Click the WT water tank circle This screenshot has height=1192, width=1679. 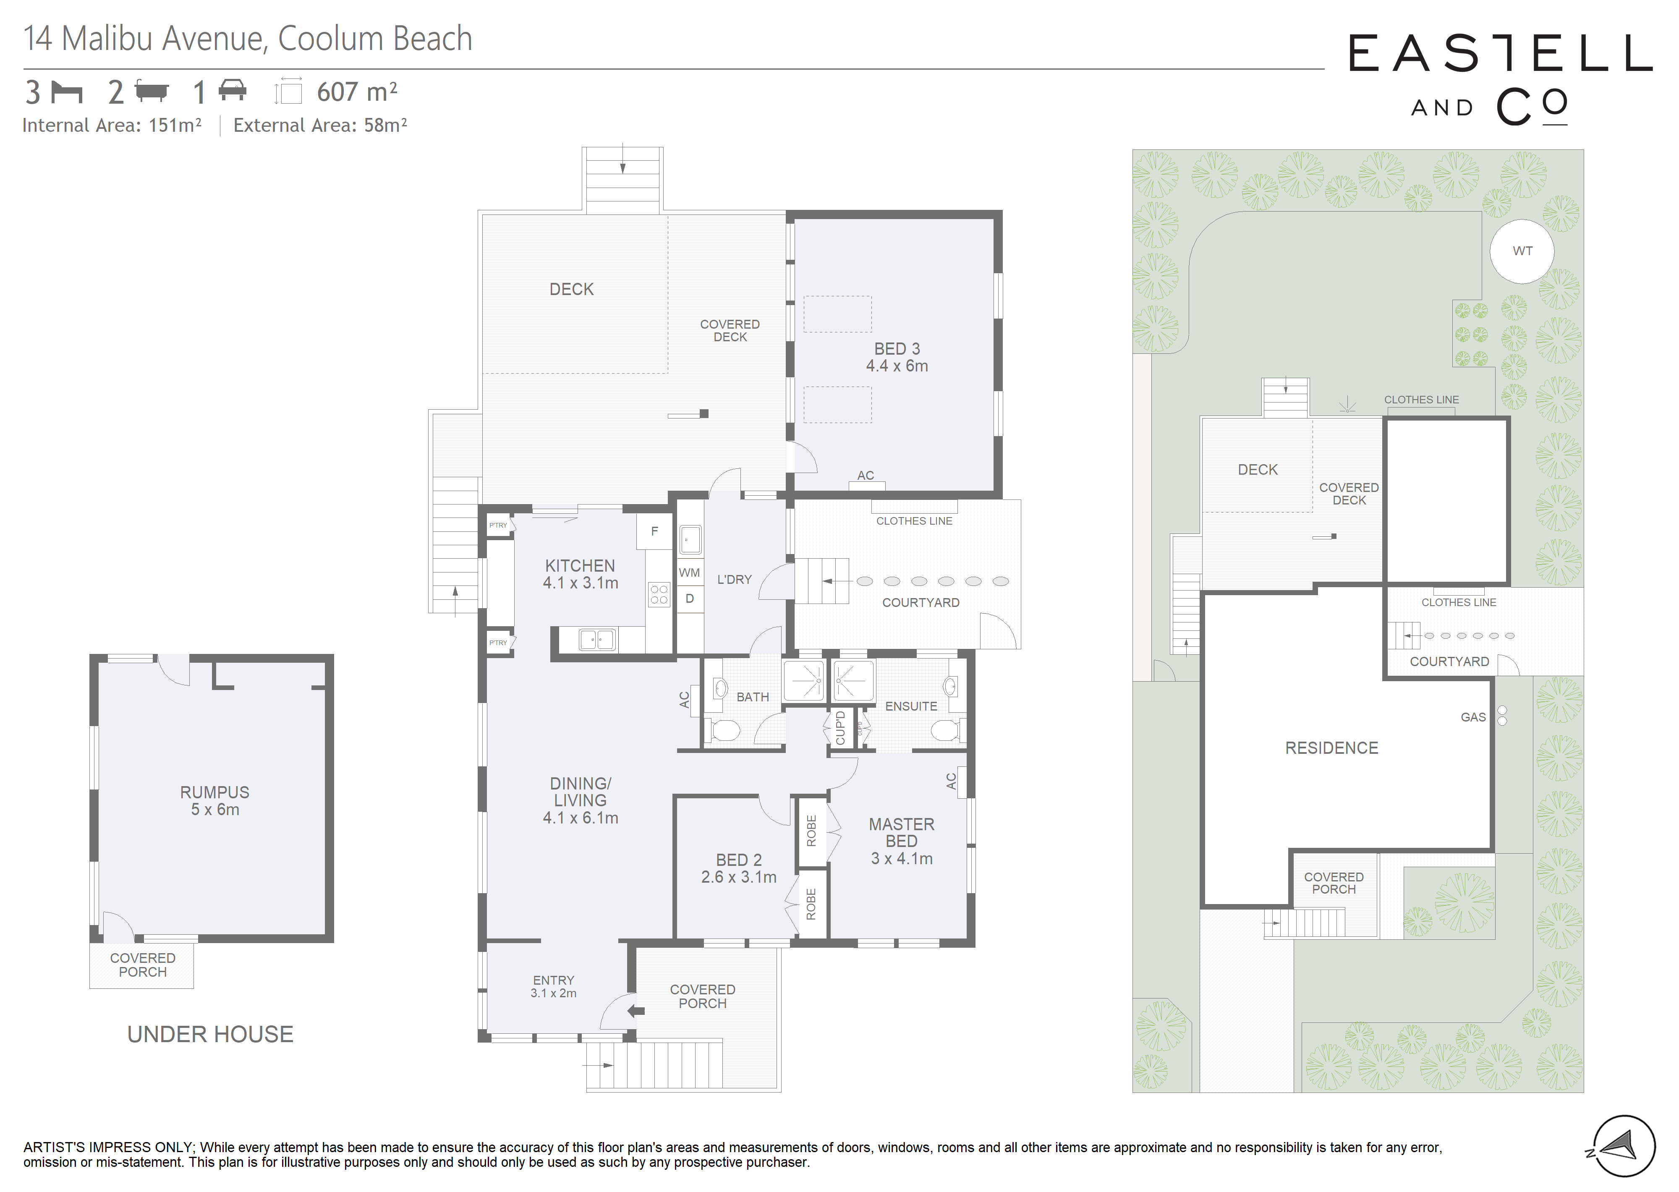coord(1522,251)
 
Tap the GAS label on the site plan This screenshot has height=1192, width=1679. coord(1473,717)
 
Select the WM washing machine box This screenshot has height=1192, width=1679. coord(689,572)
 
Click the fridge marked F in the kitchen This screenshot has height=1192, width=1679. coord(654,531)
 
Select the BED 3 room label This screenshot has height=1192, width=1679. coord(897,349)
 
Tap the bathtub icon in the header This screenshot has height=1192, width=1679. coord(152,91)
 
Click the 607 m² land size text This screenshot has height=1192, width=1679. coord(357,92)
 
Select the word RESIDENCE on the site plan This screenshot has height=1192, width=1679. coord(1332,748)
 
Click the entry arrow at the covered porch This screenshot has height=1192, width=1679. coord(636,1011)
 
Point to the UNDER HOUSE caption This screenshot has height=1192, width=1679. coord(211,1034)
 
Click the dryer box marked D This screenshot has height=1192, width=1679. coord(689,598)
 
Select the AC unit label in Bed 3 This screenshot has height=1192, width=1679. coord(866,476)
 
